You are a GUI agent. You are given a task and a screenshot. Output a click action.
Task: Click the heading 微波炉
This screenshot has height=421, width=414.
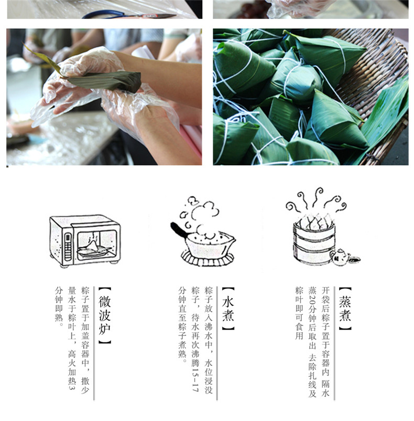[104, 315]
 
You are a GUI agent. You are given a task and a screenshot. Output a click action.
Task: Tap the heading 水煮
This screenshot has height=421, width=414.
[228, 309]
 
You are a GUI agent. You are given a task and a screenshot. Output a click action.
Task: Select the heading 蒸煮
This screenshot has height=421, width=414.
[345, 309]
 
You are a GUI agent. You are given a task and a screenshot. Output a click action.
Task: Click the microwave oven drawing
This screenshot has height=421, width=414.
[85, 240]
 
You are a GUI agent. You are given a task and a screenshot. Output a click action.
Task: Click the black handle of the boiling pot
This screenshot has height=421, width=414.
[179, 230]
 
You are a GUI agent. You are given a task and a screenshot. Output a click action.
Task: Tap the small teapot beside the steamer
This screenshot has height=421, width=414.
[340, 257]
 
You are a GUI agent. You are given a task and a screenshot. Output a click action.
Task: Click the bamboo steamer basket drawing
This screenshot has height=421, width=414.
[314, 241]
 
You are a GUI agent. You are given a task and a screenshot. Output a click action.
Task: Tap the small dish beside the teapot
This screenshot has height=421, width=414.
[354, 259]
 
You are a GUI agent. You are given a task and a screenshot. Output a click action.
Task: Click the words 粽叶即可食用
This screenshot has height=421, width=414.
[299, 313]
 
